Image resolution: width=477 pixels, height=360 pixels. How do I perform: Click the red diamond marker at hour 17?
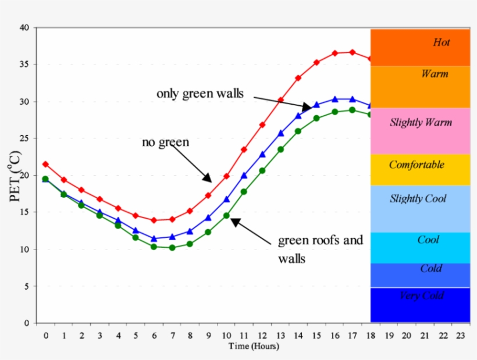click(x=352, y=52)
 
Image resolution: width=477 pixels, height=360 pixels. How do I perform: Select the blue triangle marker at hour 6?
click(x=154, y=238)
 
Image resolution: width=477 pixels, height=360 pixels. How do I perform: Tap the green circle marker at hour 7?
click(x=172, y=248)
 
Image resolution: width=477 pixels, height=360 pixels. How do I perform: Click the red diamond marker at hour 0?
click(x=45, y=164)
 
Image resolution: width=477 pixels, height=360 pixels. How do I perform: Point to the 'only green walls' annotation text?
click(x=200, y=94)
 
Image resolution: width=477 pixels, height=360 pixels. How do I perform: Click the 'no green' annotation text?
click(x=165, y=141)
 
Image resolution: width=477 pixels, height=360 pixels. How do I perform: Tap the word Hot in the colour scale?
click(x=442, y=42)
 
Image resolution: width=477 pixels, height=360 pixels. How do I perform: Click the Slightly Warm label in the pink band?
click(x=421, y=123)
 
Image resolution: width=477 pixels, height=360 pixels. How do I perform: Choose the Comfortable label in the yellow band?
click(x=417, y=165)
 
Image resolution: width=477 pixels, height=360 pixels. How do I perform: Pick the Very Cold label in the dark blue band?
click(x=422, y=295)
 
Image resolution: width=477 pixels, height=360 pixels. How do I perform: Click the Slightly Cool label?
click(x=418, y=199)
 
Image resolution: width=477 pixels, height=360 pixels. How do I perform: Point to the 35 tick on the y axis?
click(x=24, y=65)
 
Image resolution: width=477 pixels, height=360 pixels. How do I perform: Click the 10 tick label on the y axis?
click(x=24, y=249)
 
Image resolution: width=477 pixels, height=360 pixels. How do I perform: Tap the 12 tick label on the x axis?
click(x=262, y=336)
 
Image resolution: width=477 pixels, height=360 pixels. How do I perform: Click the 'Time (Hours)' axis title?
click(x=253, y=347)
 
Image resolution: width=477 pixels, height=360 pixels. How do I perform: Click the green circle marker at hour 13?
click(x=280, y=149)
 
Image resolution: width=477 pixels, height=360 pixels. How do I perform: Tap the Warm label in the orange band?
click(x=435, y=74)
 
